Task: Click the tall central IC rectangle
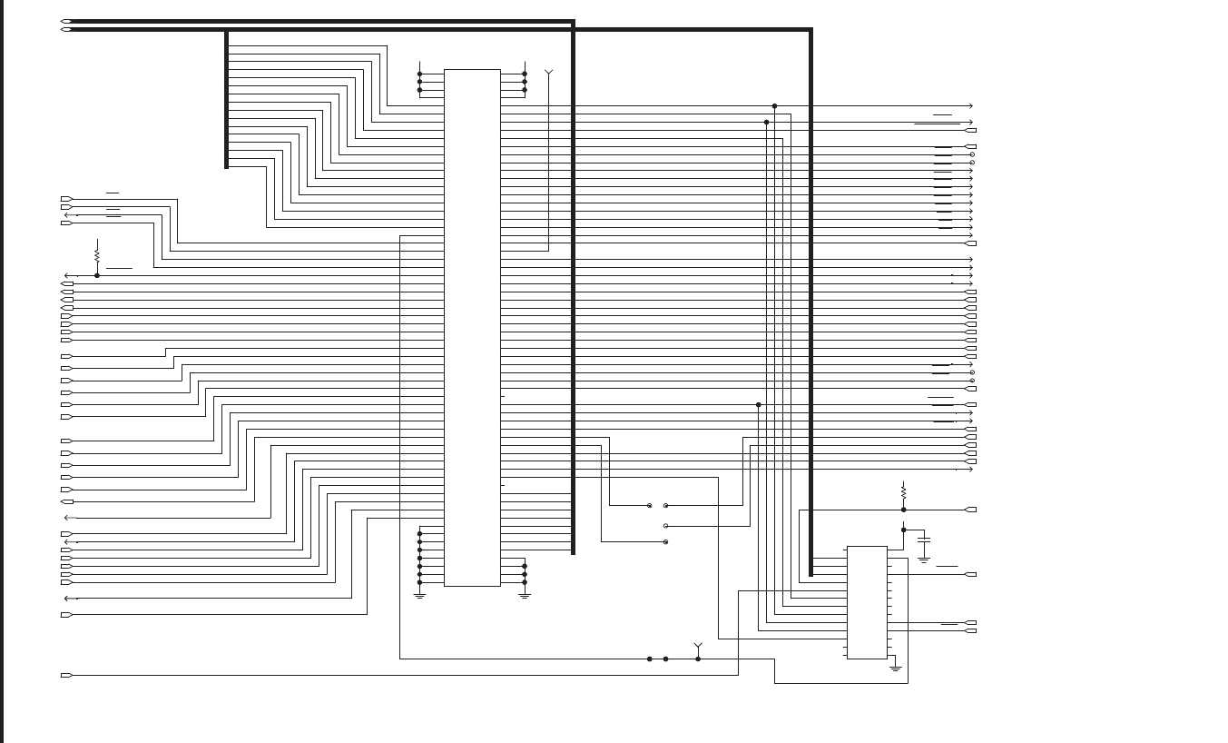click(x=472, y=327)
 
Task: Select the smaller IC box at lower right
click(x=867, y=602)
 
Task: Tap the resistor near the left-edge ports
click(x=97, y=254)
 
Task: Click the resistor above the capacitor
click(x=903, y=492)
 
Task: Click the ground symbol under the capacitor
click(x=924, y=559)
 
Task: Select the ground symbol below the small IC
click(x=895, y=669)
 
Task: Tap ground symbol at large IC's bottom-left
click(x=419, y=595)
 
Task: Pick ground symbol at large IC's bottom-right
click(x=525, y=595)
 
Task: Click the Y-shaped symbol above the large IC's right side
click(x=548, y=72)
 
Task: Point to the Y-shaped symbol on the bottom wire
click(x=698, y=647)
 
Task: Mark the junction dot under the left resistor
click(x=97, y=275)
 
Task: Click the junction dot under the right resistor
click(x=903, y=510)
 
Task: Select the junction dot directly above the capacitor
click(x=903, y=530)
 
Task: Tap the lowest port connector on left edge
click(x=66, y=675)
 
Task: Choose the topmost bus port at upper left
click(x=66, y=21)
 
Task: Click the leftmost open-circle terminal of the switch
click(x=650, y=505)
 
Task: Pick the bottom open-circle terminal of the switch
click(x=666, y=541)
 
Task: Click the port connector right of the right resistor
click(x=970, y=510)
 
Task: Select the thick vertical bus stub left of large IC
click(x=226, y=100)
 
